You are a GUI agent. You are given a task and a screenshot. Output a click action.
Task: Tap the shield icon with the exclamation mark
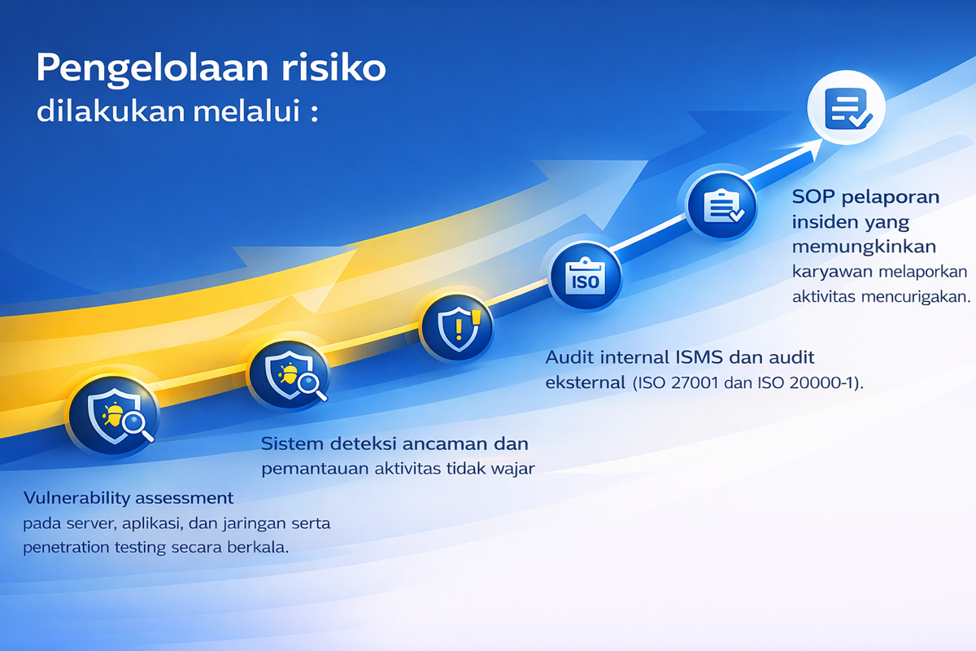[x=458, y=328]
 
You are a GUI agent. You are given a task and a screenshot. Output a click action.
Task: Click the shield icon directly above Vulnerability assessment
[x=113, y=413]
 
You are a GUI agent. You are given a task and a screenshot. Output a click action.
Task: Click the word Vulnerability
[x=73, y=497]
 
